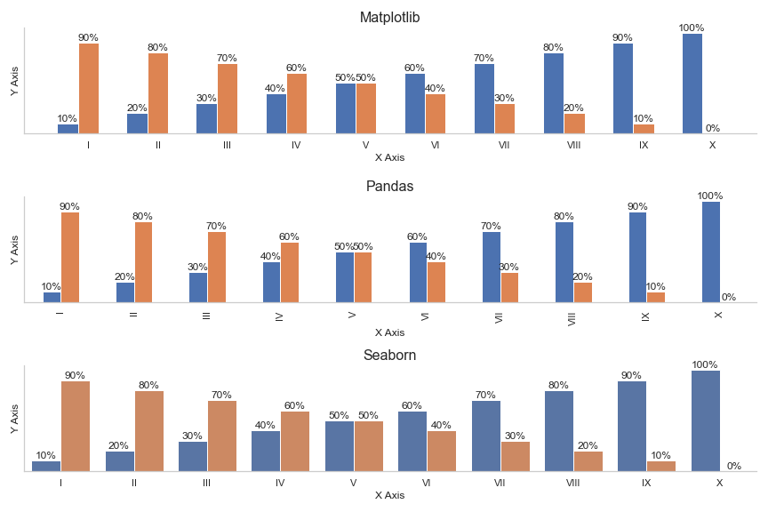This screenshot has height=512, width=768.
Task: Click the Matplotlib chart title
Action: click(389, 18)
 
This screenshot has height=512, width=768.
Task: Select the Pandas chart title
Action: click(389, 187)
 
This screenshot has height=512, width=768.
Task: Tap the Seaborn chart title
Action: click(389, 356)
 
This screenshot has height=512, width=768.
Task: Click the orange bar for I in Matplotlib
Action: click(89, 89)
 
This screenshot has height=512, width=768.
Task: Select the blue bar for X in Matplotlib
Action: click(692, 84)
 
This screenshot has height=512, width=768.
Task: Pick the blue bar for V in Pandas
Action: click(345, 277)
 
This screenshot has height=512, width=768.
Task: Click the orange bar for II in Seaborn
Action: click(148, 431)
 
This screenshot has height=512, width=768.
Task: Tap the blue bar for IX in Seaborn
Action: click(632, 426)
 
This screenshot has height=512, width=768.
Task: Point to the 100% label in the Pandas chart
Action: click(710, 196)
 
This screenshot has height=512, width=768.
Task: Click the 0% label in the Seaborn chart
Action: click(733, 466)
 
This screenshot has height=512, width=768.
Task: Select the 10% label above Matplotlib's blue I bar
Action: click(68, 118)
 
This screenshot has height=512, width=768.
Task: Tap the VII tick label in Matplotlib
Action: click(504, 145)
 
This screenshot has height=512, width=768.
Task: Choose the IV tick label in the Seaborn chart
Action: click(280, 483)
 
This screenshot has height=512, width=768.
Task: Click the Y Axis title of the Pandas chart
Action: click(15, 250)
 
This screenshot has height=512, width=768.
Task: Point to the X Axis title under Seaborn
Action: click(389, 495)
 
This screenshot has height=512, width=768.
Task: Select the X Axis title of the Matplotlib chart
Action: click(389, 157)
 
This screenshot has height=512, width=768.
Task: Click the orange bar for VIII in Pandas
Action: click(582, 292)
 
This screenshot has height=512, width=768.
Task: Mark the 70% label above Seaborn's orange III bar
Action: click(221, 396)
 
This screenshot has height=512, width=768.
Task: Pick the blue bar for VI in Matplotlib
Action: click(414, 103)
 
